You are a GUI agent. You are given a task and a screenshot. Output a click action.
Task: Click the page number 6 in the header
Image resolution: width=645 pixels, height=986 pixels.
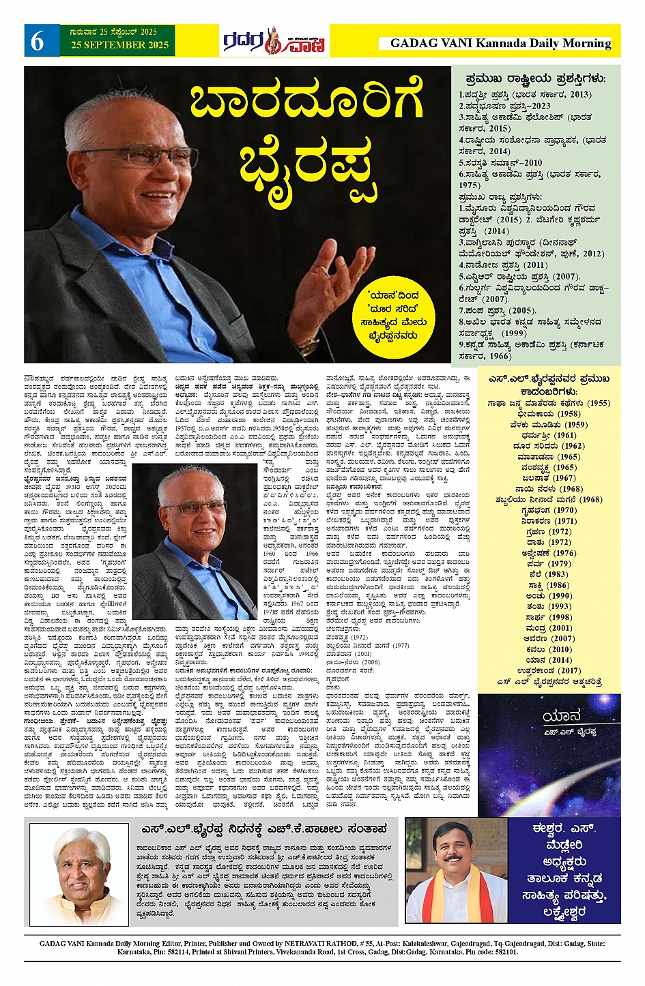point(37,42)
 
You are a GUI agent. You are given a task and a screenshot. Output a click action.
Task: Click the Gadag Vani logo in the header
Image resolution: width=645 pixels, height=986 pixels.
point(274,42)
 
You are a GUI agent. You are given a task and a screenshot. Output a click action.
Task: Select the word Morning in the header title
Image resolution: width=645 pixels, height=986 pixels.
point(586,43)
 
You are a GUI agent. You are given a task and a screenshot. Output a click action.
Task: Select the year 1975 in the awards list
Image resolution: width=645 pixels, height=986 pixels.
point(470,185)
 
